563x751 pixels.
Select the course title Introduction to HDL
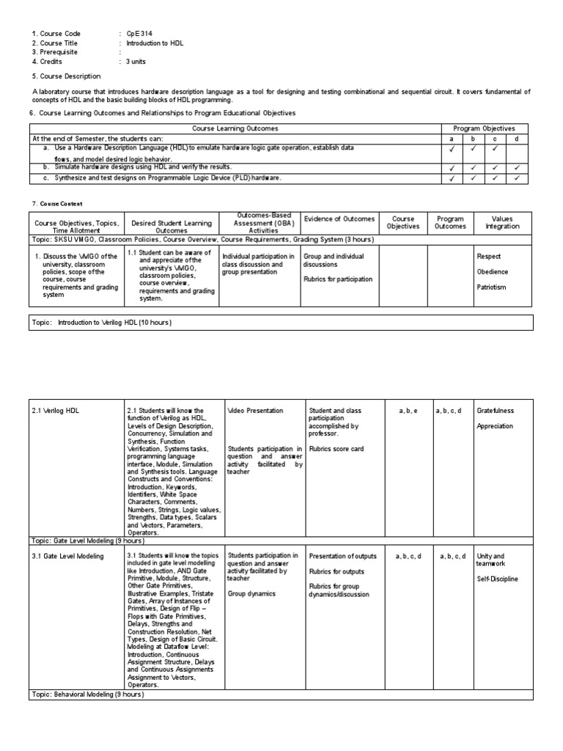(155, 43)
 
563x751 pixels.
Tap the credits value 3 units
(136, 62)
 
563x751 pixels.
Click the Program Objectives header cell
(484, 128)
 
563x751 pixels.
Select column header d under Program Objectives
(517, 138)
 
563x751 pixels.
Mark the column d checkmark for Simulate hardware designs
(517, 168)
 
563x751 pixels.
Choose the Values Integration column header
(501, 222)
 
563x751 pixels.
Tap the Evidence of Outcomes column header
(339, 219)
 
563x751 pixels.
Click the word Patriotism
(492, 287)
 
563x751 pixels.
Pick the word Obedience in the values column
(492, 271)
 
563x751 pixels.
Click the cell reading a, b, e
(408, 411)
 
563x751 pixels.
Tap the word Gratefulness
(495, 411)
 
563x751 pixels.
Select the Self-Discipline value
(497, 579)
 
